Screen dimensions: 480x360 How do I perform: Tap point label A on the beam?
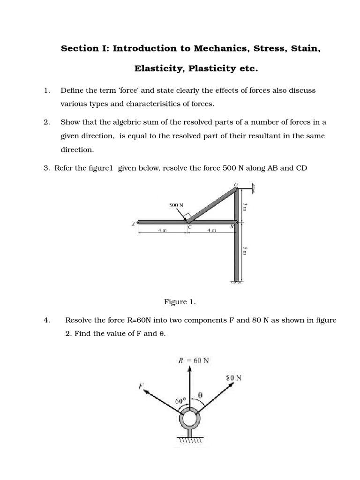[x=133, y=224]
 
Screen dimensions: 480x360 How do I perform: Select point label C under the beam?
[x=189, y=227]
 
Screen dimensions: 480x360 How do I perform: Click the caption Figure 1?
[x=180, y=302]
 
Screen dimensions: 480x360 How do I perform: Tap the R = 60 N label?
[x=194, y=360]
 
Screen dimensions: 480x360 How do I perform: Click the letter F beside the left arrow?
[x=140, y=386]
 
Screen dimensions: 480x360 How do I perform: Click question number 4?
[x=46, y=321]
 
